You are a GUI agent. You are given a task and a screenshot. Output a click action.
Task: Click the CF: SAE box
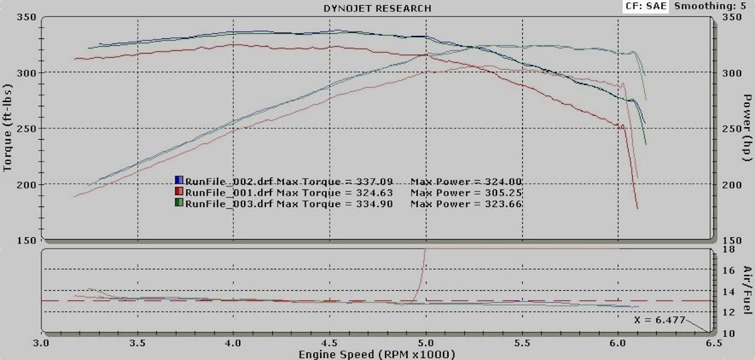point(643,6)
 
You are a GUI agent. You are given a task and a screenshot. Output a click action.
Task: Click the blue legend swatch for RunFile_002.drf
point(179,181)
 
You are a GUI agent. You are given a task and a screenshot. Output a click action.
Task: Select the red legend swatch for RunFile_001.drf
point(179,193)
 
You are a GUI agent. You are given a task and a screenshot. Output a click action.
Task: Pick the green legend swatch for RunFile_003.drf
point(179,204)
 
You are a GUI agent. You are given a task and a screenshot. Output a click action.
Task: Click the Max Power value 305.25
point(500,193)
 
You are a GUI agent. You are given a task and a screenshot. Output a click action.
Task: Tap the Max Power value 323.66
point(500,204)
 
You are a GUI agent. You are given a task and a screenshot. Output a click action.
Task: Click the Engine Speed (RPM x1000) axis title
point(377,354)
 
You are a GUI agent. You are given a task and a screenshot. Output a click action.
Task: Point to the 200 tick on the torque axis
point(28,184)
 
